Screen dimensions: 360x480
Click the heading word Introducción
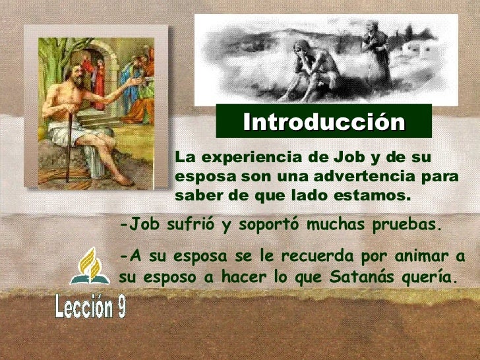coord(323,122)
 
